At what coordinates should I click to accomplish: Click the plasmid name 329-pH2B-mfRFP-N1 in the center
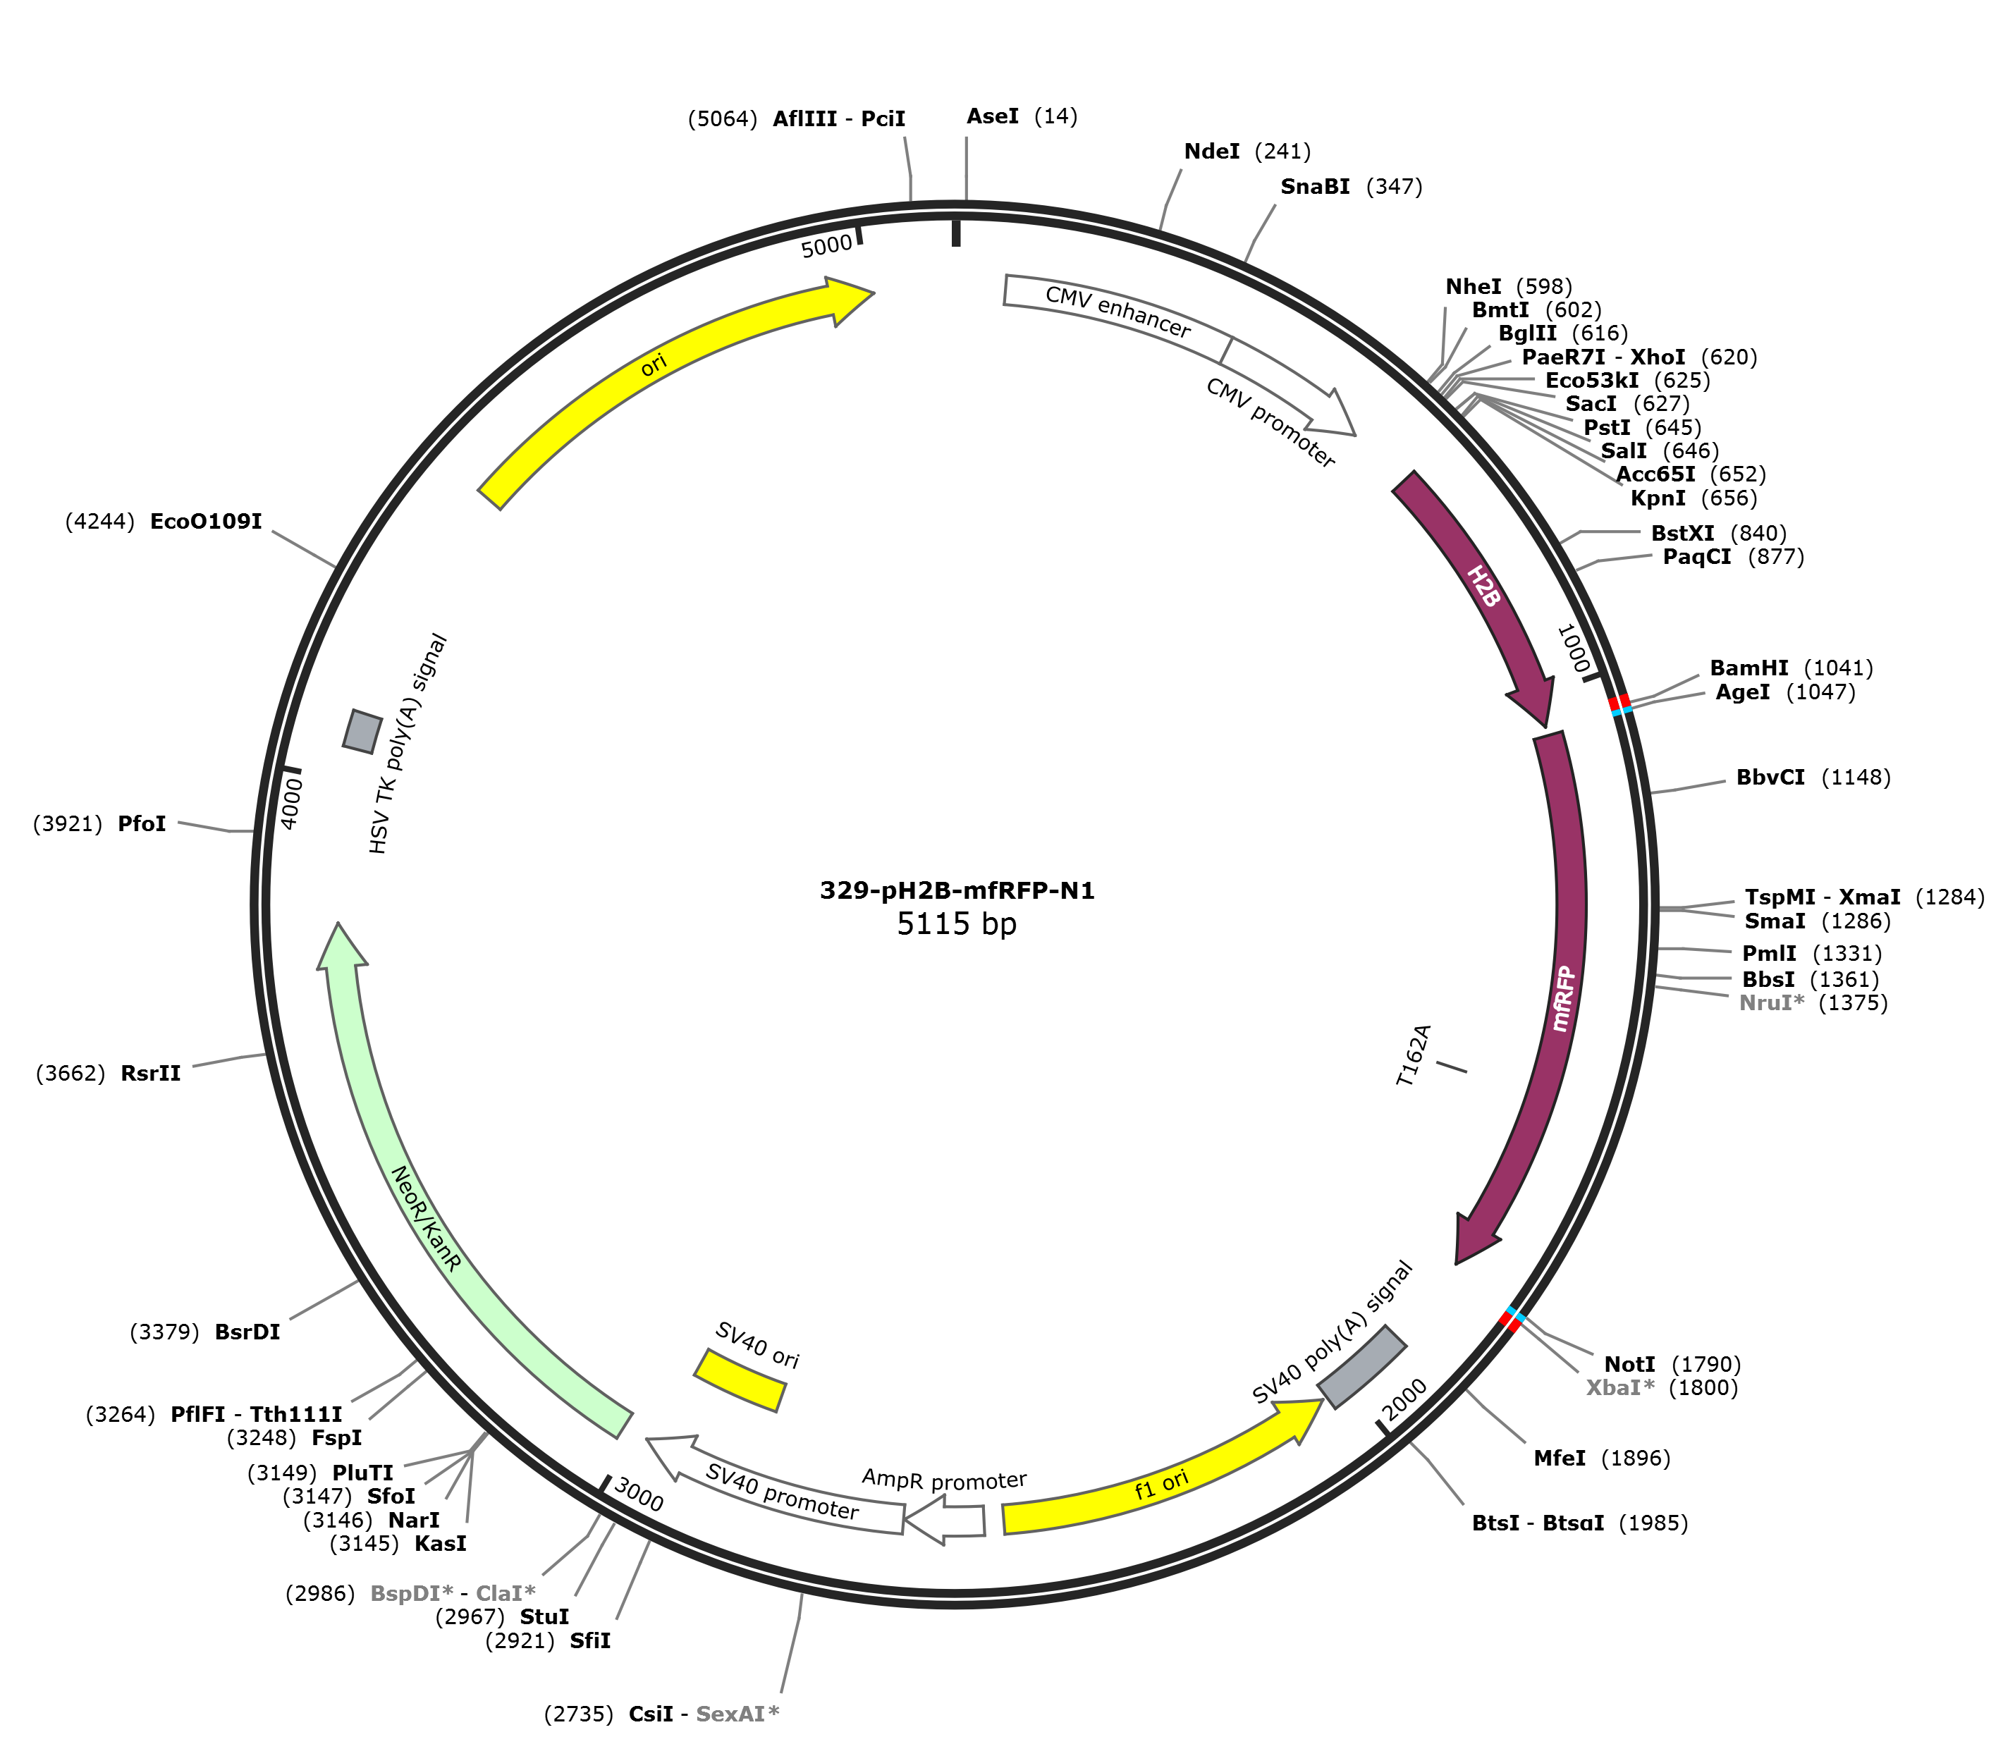(x=957, y=891)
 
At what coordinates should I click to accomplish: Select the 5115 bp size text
(x=957, y=924)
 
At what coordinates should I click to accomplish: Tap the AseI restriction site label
(x=992, y=116)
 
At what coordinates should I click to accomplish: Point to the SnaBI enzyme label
(x=1314, y=186)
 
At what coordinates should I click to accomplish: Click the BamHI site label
(x=1748, y=668)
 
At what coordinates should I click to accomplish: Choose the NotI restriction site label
(x=1629, y=1364)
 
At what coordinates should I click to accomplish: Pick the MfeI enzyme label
(x=1560, y=1458)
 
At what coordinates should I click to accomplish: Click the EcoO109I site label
(x=206, y=522)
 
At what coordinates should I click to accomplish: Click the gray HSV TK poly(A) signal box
(x=362, y=731)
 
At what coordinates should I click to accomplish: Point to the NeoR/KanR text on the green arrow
(x=425, y=1219)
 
